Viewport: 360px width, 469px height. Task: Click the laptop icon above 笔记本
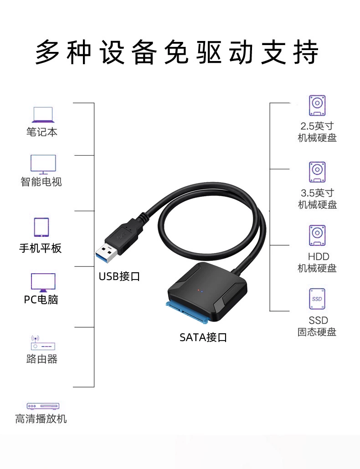coord(42,115)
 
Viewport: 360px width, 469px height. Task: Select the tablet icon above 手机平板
coord(41,227)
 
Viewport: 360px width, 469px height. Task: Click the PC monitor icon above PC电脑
coord(43,282)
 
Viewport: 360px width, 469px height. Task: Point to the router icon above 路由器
coord(42,343)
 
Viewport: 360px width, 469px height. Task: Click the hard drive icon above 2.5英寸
coord(317,106)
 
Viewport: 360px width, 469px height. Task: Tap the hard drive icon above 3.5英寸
coord(317,172)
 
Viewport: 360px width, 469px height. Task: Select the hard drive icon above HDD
coord(317,236)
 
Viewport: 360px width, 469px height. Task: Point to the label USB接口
coord(119,276)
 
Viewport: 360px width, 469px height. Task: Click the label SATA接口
coord(203,337)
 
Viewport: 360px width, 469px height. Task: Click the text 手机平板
coord(41,249)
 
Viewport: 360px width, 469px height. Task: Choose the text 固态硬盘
coord(317,332)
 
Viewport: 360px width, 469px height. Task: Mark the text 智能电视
coord(41,182)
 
